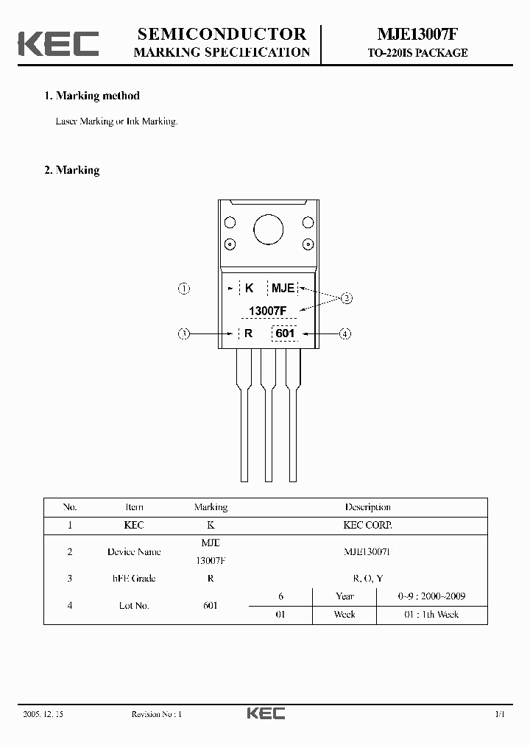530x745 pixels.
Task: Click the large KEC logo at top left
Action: [x=58, y=43]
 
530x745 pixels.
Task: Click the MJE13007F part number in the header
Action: [x=417, y=35]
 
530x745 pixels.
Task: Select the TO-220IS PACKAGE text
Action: [x=417, y=53]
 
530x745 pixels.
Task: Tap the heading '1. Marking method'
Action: [x=92, y=96]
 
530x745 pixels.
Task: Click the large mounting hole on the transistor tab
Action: [x=268, y=230]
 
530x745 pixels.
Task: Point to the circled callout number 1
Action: [x=184, y=289]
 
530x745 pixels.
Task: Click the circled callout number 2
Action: [x=347, y=298]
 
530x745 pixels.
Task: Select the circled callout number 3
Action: [x=184, y=333]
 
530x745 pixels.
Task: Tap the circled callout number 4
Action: [x=345, y=333]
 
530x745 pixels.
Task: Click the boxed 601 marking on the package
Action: [x=285, y=333]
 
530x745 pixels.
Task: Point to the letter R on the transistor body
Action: [x=249, y=333]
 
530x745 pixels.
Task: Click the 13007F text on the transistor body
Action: [x=267, y=311]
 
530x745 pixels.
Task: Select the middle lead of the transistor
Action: [x=268, y=420]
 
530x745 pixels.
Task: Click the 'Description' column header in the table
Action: [x=367, y=507]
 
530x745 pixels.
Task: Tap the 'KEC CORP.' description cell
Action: [x=367, y=526]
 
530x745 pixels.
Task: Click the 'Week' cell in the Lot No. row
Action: [x=344, y=615]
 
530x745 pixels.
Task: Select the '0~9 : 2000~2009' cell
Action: [x=431, y=596]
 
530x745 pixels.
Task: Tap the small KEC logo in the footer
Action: [x=265, y=714]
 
